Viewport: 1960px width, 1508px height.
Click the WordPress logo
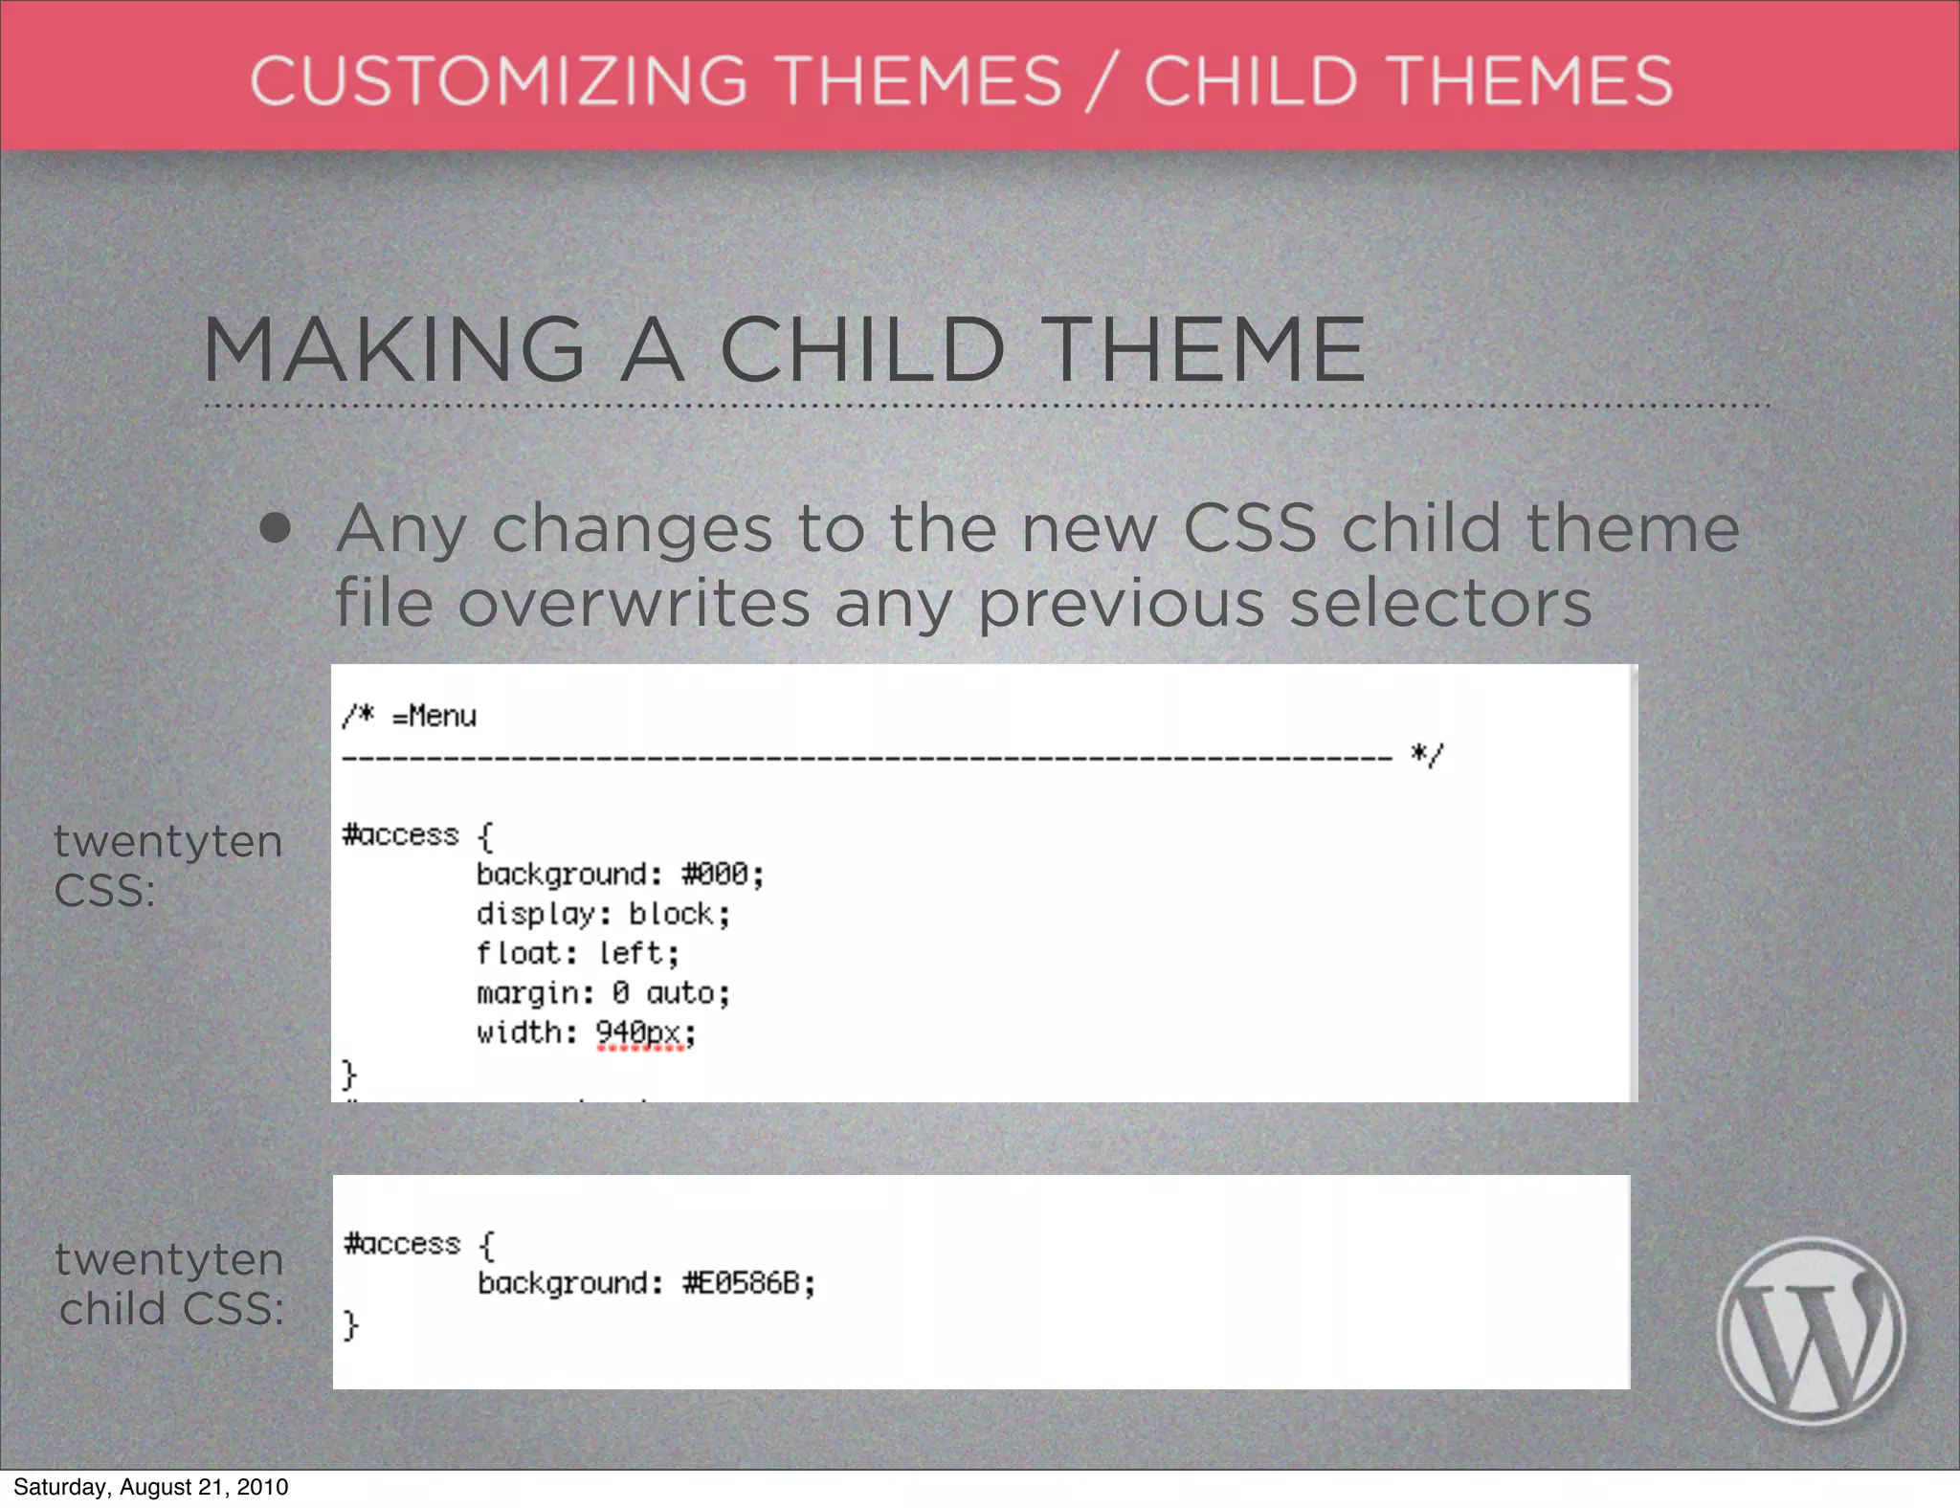point(1811,1331)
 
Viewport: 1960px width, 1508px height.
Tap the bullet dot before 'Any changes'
point(276,528)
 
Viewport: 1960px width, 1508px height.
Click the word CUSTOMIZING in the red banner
point(498,80)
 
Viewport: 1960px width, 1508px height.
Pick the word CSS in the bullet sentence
point(1250,528)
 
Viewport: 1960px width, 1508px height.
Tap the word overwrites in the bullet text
point(635,604)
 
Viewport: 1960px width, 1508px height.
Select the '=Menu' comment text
point(434,716)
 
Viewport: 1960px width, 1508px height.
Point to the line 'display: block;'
point(603,914)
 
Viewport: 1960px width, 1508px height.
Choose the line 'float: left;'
point(577,954)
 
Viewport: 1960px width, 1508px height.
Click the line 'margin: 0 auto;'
point(603,993)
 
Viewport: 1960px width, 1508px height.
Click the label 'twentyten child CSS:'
point(170,1284)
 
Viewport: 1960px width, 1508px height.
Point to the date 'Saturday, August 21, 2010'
point(150,1487)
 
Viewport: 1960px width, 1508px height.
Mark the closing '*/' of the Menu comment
point(1426,756)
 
